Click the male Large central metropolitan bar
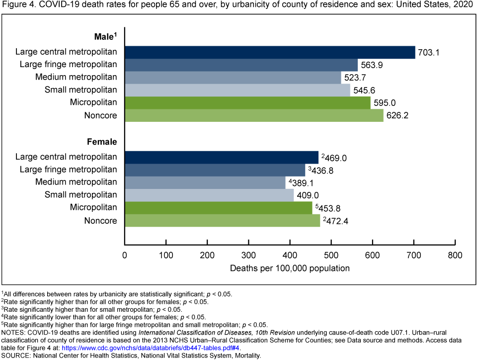tap(269, 52)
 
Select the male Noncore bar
tap(254, 115)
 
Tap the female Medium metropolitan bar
tap(205, 182)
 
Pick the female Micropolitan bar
tap(218, 208)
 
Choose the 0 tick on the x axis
tap(125, 256)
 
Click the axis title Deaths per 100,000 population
tap(290, 268)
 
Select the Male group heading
tap(106, 37)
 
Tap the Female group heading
tap(102, 142)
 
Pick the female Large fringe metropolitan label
tap(69, 170)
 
